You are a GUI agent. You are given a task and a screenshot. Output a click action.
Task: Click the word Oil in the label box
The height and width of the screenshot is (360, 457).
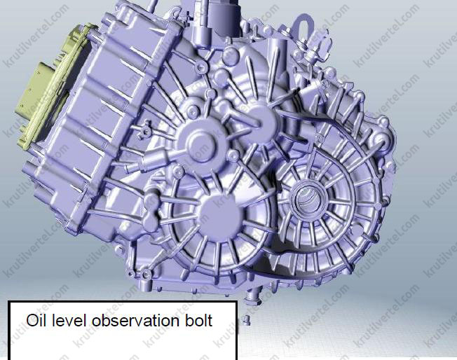click(37, 320)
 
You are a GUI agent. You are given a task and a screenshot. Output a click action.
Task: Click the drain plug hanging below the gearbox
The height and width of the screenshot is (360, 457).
click(252, 297)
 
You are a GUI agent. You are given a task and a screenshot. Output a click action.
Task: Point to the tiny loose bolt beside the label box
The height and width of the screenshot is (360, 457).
click(245, 320)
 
